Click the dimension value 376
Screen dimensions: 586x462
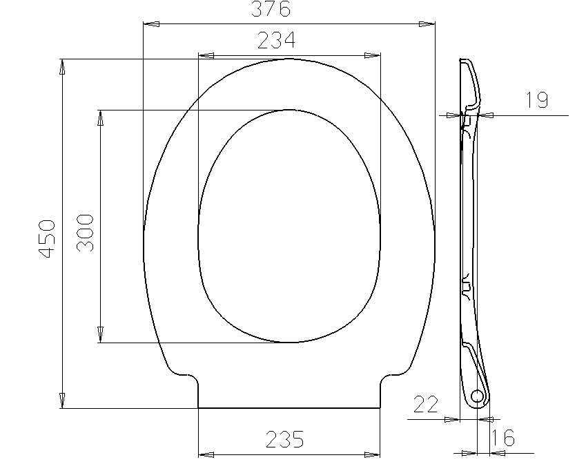pyautogui.click(x=271, y=9)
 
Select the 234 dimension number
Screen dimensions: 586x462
pyautogui.click(x=276, y=40)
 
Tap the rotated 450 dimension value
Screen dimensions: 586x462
pyautogui.click(x=48, y=239)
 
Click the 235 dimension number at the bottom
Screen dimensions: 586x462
pyautogui.click(x=285, y=439)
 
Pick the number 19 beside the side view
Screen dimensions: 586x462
pyautogui.click(x=537, y=100)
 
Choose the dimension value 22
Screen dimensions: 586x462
pyautogui.click(x=425, y=404)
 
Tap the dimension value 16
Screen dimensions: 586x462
pyautogui.click(x=503, y=437)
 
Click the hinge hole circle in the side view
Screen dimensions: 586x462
pyautogui.click(x=477, y=396)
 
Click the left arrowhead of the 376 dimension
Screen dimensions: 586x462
pyautogui.click(x=152, y=24)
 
